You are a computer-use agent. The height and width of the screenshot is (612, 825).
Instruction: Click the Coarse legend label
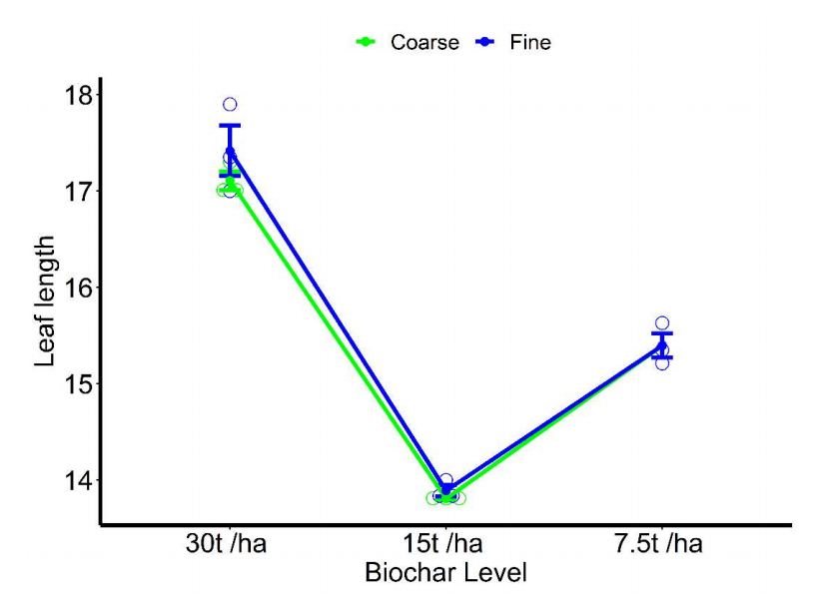(424, 42)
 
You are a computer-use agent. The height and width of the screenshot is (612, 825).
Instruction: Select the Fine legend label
(530, 42)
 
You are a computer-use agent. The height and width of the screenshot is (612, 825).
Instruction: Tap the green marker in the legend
(367, 42)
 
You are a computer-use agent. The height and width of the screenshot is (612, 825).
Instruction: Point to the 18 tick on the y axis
(78, 95)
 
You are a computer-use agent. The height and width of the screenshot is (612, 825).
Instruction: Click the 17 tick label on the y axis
(78, 191)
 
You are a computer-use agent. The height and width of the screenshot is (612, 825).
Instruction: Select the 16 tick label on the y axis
(78, 288)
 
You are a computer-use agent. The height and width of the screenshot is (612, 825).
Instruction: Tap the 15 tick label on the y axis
(78, 383)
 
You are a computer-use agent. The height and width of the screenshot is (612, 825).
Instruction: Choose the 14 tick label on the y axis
(78, 480)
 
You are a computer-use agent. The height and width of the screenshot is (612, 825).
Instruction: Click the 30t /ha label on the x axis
(231, 544)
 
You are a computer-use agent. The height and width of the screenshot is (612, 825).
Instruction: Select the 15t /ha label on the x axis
(446, 544)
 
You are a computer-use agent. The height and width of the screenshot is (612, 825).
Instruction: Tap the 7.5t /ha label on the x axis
(662, 544)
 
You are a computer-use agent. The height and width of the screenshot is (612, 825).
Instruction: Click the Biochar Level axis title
(445, 574)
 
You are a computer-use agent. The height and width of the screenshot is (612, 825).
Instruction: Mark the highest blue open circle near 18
(230, 104)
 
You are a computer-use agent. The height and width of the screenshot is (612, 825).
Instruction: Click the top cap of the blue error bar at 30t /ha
(230, 126)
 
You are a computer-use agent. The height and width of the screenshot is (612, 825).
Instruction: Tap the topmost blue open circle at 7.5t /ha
(662, 323)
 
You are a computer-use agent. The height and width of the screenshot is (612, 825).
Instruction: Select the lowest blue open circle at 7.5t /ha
(662, 362)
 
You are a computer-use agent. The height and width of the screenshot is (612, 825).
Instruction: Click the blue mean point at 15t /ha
(446, 490)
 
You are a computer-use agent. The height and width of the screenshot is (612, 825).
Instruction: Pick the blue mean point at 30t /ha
(230, 152)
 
